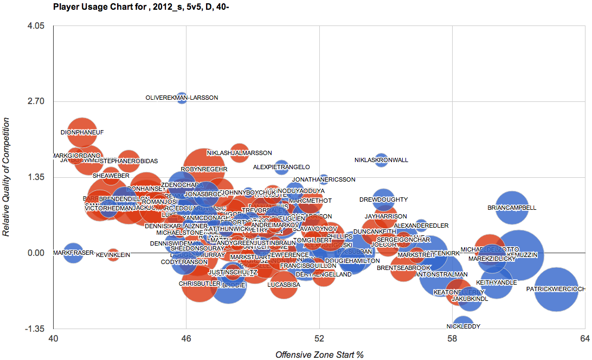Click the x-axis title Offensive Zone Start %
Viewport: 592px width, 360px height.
coord(319,355)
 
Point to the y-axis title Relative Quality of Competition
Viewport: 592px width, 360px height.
coord(7,177)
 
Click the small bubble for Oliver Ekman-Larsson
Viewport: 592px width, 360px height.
coord(182,98)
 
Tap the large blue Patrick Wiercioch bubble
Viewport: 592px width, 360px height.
coord(556,290)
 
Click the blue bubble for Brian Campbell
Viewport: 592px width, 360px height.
coord(512,208)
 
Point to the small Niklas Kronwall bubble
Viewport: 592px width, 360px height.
coord(381,160)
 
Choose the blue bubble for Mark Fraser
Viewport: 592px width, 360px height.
coord(73,253)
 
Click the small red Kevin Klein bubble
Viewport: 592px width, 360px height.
coord(113,254)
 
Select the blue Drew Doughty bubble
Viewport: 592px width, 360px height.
coord(383,200)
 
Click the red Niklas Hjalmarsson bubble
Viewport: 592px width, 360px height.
coord(239,153)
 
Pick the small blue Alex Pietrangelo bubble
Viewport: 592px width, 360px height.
coord(281,167)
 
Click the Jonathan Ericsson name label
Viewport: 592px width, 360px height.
coord(324,179)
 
